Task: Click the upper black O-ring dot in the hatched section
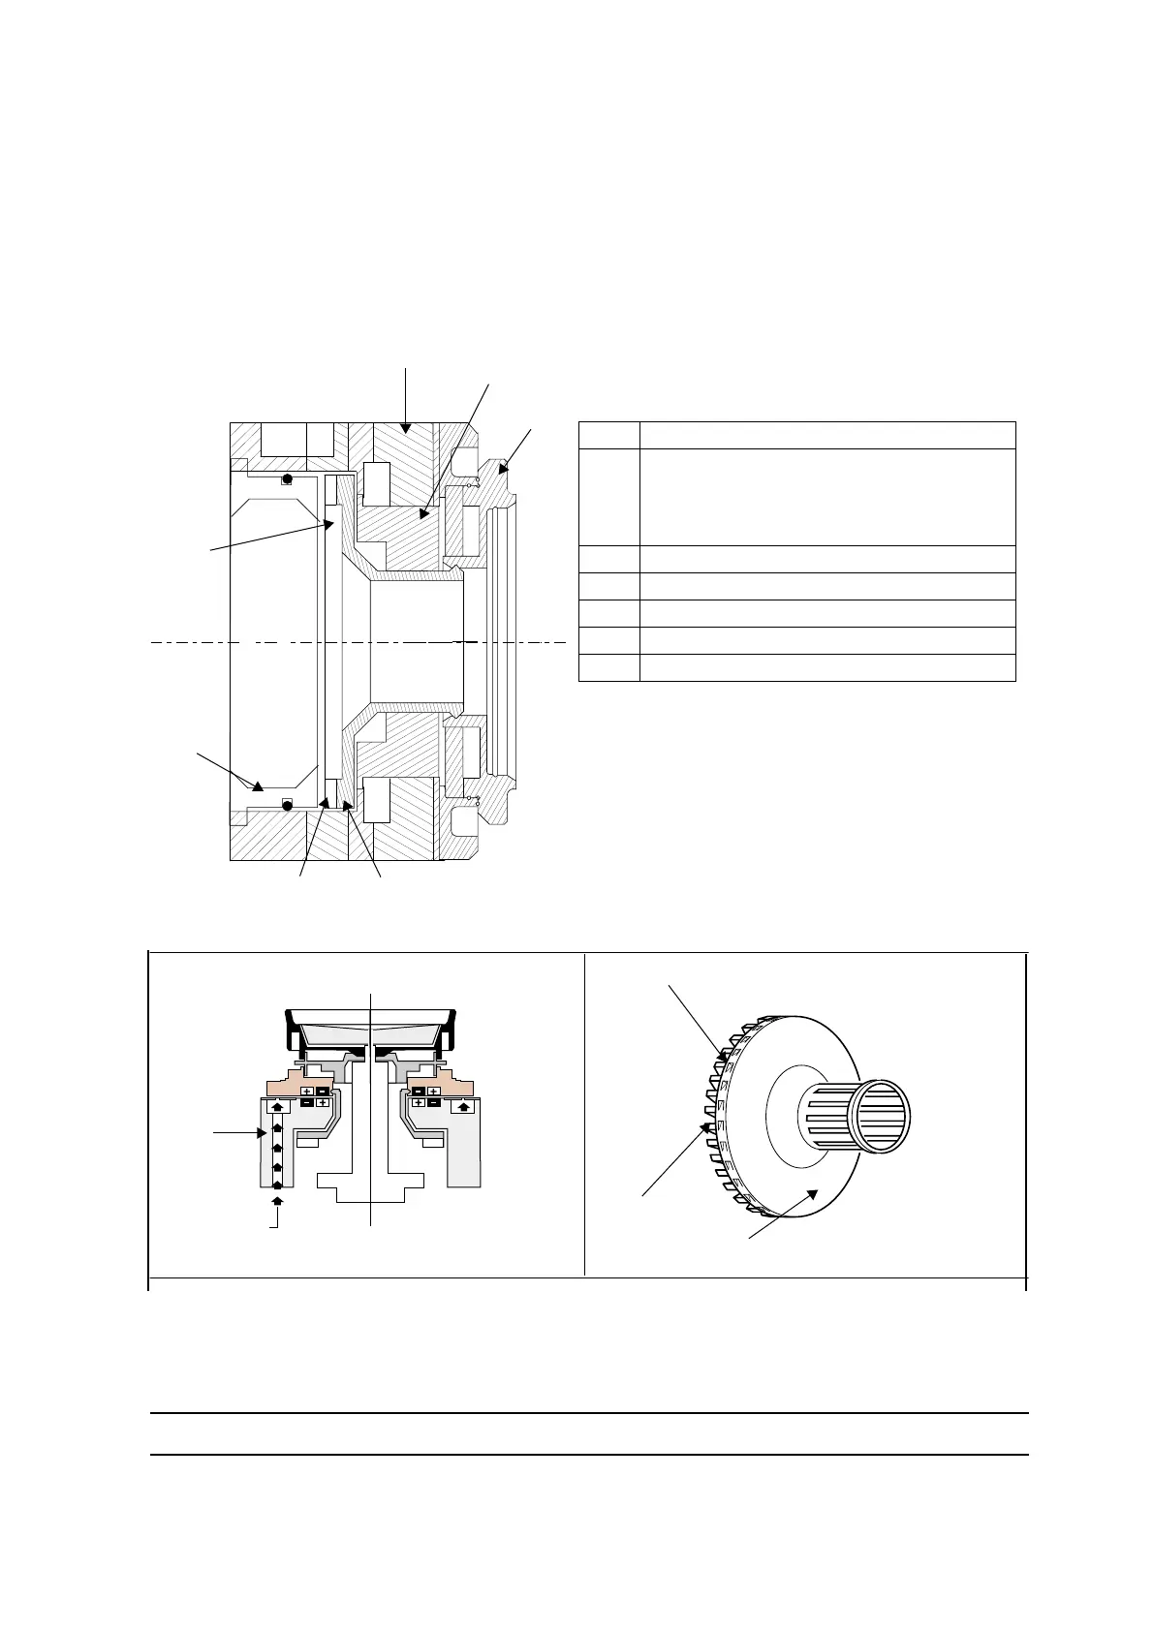pyautogui.click(x=287, y=479)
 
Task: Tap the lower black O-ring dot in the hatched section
pyautogui.click(x=287, y=805)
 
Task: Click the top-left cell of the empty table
pyautogui.click(x=608, y=435)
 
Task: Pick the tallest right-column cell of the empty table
pyautogui.click(x=826, y=497)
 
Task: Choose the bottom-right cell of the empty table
pyautogui.click(x=826, y=667)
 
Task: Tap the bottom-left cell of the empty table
pyautogui.click(x=608, y=667)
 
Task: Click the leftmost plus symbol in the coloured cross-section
pyautogui.click(x=306, y=1092)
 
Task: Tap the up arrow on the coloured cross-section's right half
pyautogui.click(x=463, y=1105)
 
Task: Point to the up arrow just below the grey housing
pyautogui.click(x=277, y=1201)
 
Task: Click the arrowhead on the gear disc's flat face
pyautogui.click(x=817, y=1196)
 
